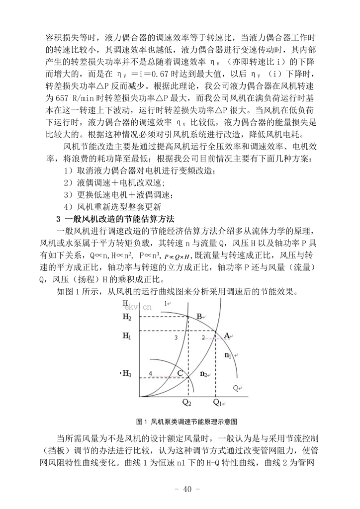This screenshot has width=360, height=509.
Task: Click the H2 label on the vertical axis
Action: click(127, 317)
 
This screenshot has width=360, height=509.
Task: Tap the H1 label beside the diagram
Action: click(127, 337)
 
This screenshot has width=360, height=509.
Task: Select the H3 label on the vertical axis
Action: click(127, 373)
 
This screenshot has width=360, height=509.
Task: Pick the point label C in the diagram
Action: click(180, 373)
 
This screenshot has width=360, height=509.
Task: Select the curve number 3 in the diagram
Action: click(176, 338)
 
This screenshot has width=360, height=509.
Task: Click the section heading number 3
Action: click(58, 219)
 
